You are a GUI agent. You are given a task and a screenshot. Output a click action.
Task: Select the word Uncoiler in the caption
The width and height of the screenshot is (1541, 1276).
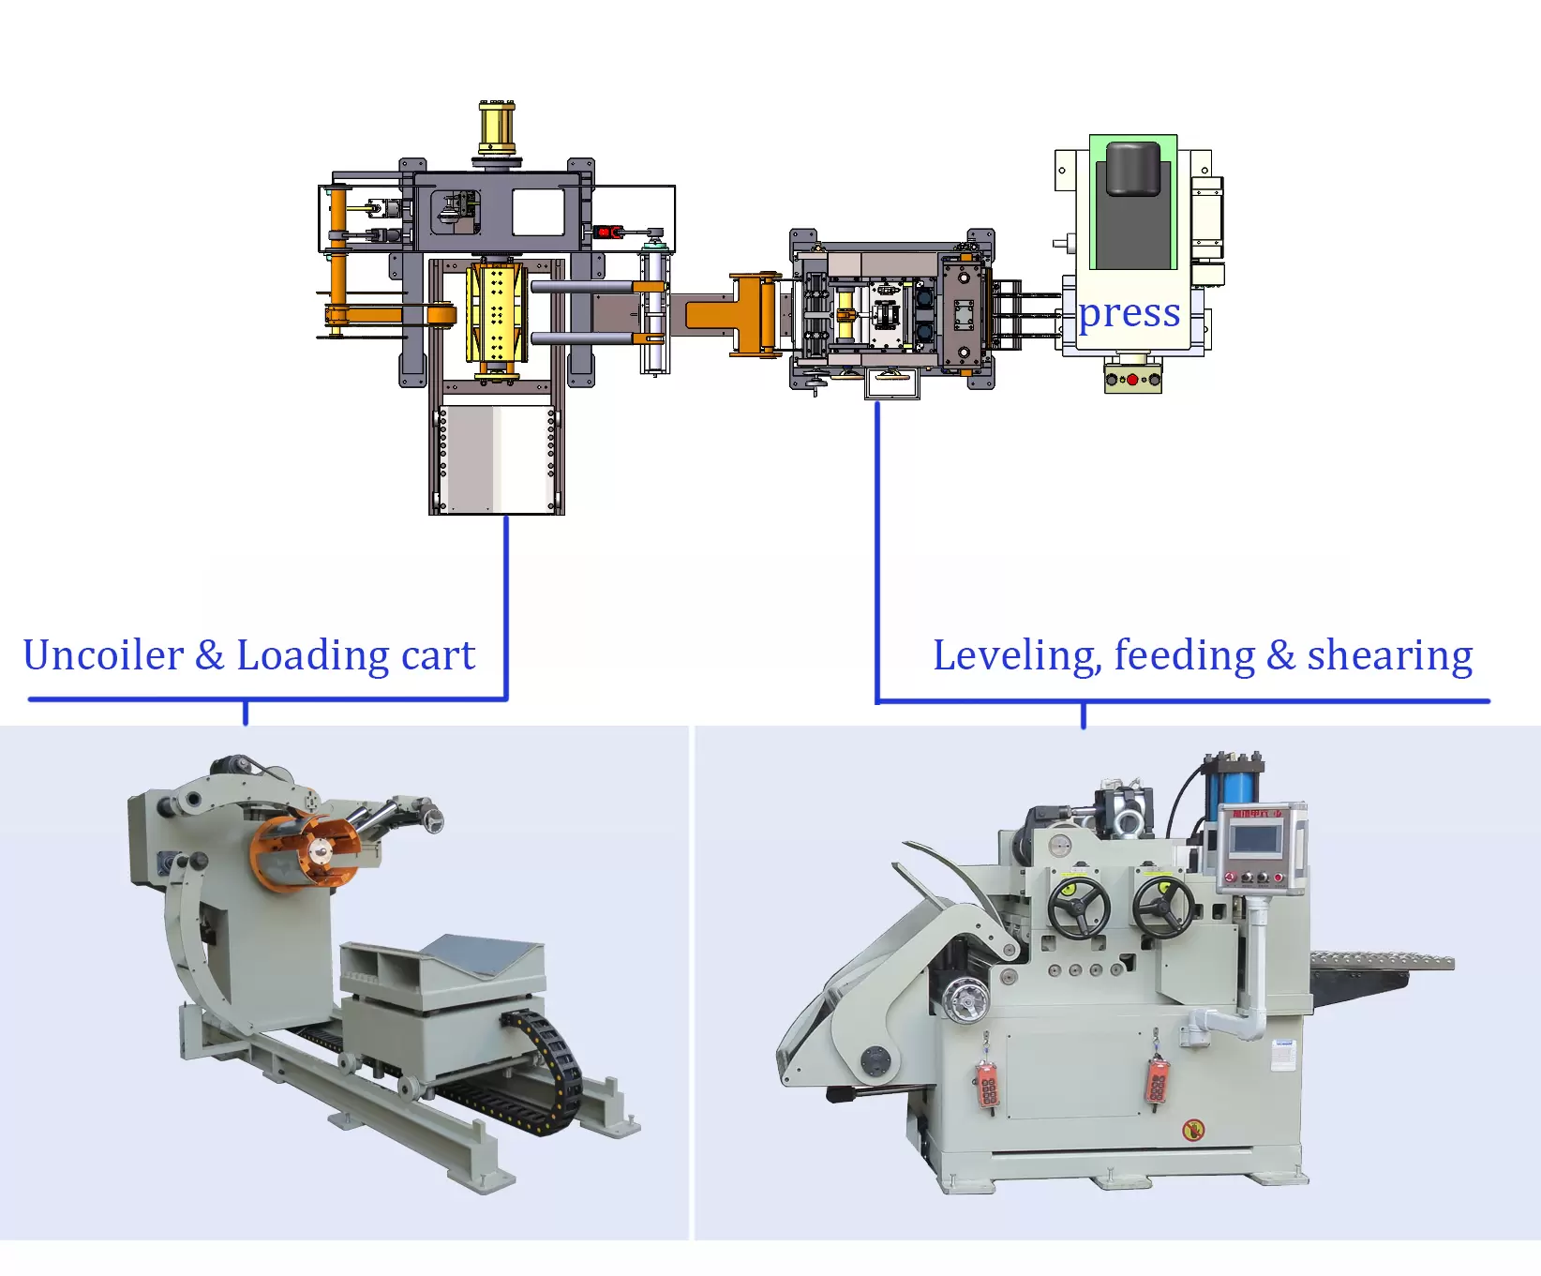point(103,655)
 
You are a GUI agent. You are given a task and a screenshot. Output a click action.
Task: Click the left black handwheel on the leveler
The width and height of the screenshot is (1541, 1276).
point(1079,907)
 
